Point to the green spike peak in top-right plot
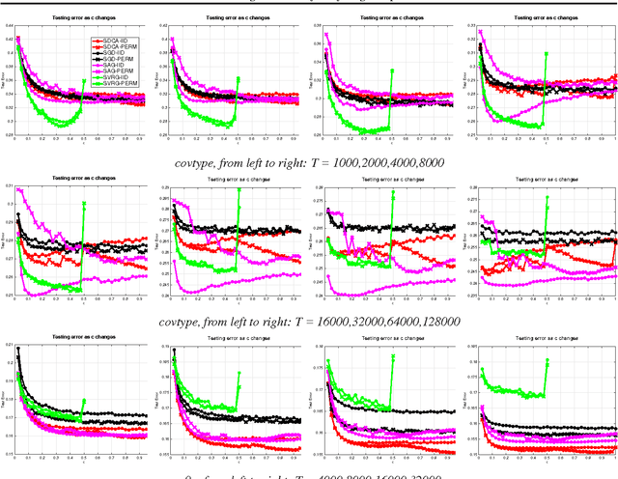click(x=546, y=54)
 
